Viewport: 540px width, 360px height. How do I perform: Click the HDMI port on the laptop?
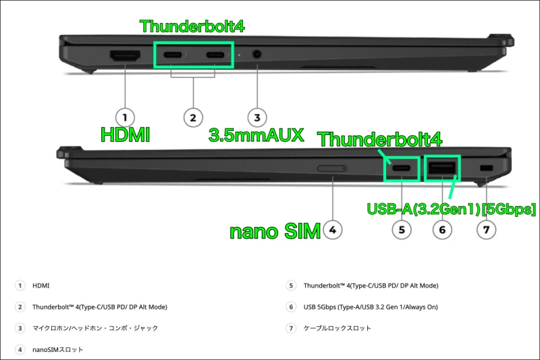[x=124, y=55]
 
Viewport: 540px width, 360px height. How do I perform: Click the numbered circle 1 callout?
[x=125, y=117]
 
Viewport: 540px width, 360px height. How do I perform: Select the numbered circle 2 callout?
[x=193, y=117]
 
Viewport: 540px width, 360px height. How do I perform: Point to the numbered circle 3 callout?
[x=256, y=117]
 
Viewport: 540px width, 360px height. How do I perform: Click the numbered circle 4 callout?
[x=331, y=230]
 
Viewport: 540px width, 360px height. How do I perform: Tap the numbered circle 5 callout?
[x=402, y=230]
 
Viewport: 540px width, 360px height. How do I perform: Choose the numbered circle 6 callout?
[x=442, y=230]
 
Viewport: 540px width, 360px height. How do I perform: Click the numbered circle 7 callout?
[x=486, y=230]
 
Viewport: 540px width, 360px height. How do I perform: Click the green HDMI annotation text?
[x=125, y=134]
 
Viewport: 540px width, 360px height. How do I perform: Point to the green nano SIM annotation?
[x=274, y=232]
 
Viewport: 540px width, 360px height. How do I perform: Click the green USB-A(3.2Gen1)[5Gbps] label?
[x=451, y=209]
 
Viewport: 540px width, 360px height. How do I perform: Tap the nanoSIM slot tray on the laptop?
[x=332, y=168]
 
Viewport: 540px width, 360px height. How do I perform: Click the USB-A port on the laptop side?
[x=442, y=168]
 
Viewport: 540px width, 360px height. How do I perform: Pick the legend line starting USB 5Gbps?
[x=371, y=307]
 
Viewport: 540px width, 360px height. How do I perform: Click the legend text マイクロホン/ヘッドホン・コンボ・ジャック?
[x=95, y=328]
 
